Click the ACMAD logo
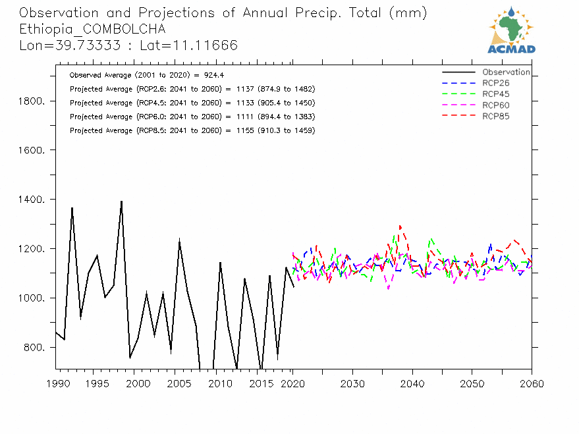tap(512, 30)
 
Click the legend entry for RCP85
tap(495, 116)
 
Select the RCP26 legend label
tap(495, 83)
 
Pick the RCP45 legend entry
tap(495, 94)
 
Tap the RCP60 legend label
tap(495, 105)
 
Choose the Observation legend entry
tap(505, 72)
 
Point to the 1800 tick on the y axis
tap(31, 101)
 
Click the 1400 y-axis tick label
tap(31, 200)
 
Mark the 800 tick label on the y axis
tap(33, 348)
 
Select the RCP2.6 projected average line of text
tap(192, 89)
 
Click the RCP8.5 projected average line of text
tap(192, 130)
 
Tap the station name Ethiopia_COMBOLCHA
tap(92, 29)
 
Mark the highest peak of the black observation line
tap(121, 201)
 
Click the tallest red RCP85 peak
tap(400, 226)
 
